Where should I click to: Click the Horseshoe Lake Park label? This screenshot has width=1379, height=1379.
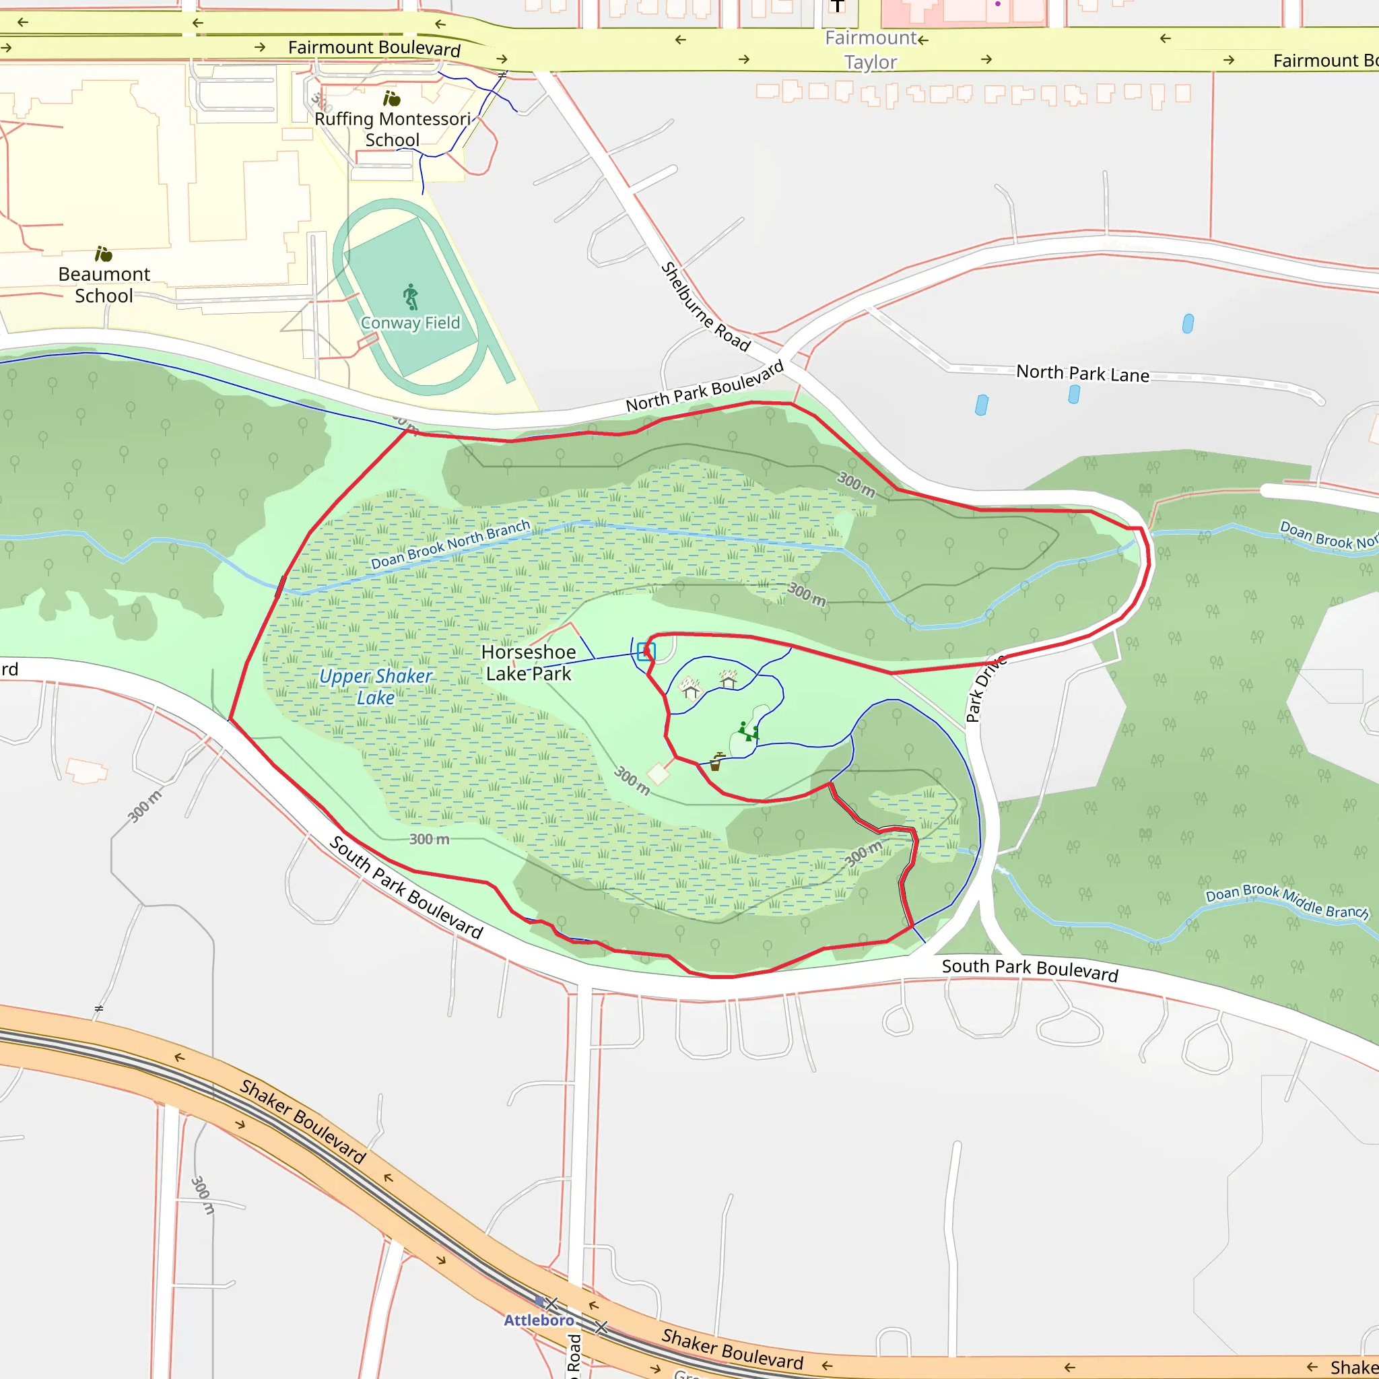[528, 663]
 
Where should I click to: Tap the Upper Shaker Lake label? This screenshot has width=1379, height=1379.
[376, 687]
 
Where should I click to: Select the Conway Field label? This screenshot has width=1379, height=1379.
[411, 323]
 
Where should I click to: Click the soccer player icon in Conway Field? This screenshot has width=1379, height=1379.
[411, 296]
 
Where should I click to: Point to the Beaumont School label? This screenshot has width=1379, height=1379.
[104, 285]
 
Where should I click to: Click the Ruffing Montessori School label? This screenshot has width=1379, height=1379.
[393, 129]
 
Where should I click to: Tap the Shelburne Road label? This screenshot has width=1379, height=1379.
[705, 307]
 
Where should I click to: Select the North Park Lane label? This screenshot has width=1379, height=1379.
[1082, 373]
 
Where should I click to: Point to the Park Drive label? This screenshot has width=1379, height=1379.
[985, 689]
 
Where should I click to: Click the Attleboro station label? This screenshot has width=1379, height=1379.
[539, 1320]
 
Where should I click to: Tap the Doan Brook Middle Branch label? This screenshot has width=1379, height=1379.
[1287, 902]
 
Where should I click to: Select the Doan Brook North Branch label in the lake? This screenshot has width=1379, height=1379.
[450, 545]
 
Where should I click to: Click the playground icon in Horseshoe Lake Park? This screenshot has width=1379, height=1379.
[748, 732]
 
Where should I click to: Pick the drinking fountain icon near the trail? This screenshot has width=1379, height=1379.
[716, 762]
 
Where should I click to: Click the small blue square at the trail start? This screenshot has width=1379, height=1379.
[646, 651]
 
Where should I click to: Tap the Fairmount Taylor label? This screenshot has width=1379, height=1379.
[871, 50]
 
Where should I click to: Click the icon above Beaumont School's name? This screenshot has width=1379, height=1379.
[104, 254]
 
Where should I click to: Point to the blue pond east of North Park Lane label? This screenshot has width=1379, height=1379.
[1188, 323]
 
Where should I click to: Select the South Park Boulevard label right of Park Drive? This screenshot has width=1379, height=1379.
[1030, 970]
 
